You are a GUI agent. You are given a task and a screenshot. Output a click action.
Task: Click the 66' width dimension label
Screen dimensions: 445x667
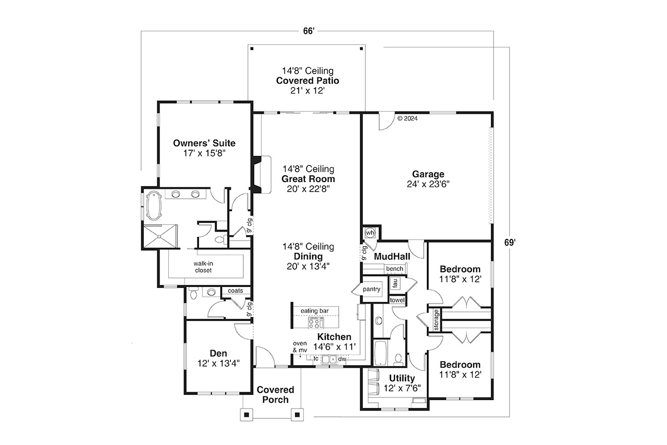308,31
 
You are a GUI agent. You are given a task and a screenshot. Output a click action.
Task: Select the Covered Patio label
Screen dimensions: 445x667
307,81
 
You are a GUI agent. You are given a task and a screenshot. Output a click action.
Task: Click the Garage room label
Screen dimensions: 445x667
428,174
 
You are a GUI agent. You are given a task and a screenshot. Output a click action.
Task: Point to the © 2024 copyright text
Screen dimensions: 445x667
407,118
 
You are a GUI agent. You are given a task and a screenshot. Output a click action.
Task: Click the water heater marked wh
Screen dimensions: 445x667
370,232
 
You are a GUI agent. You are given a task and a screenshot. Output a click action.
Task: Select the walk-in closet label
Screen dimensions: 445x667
203,267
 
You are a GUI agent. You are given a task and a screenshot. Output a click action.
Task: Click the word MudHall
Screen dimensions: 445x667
392,257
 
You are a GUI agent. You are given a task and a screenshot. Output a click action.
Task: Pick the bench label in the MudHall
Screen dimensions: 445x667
394,269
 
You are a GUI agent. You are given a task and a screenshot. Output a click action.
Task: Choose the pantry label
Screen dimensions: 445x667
372,289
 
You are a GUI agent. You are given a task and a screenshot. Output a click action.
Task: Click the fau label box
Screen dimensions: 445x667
395,283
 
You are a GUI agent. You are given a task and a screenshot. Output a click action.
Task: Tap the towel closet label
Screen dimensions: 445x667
397,300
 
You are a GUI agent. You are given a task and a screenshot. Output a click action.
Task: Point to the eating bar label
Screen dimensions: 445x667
314,311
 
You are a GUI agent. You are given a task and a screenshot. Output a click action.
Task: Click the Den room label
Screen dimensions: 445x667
218,353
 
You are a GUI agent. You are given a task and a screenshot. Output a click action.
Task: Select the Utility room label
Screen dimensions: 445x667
402,378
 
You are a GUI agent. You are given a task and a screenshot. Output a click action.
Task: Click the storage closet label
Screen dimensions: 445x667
436,320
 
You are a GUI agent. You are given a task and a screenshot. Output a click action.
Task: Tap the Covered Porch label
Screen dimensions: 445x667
275,394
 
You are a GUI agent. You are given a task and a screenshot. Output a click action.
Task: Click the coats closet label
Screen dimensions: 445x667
231,291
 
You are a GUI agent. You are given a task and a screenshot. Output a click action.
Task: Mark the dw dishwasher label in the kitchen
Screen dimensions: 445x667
342,359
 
